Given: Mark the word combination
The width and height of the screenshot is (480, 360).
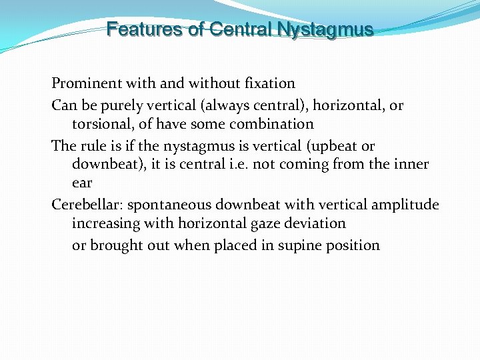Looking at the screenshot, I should click(273, 124).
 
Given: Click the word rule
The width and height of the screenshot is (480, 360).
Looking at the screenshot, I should click(89, 146).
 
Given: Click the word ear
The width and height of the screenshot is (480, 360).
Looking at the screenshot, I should click(82, 182).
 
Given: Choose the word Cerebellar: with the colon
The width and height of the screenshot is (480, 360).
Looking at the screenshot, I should click(83, 205).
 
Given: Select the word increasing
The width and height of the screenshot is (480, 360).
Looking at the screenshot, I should click(103, 223).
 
